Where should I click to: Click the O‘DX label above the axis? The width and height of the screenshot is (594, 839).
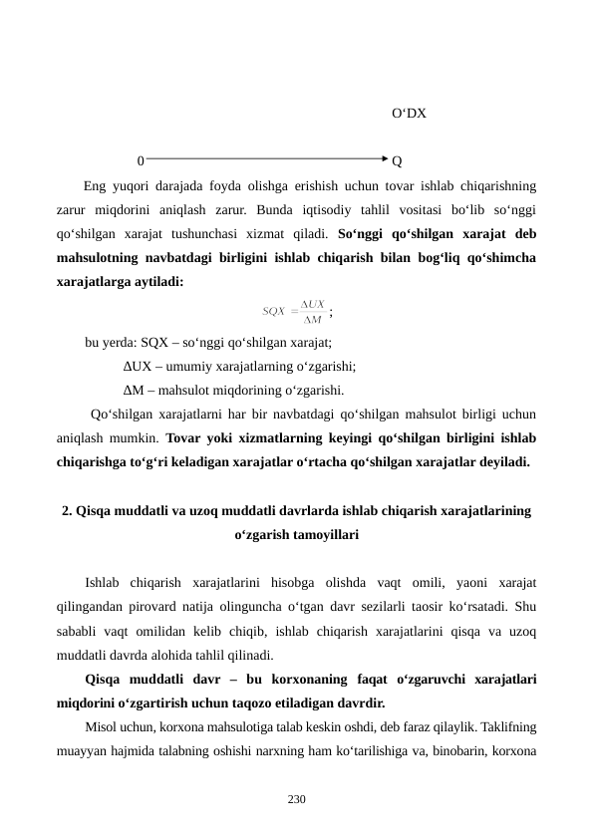pos(409,114)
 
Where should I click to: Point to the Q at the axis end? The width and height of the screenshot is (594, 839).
pos(398,160)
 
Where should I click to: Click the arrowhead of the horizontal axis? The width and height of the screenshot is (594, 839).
pos(385,157)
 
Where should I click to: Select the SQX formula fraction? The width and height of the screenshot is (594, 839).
pos(295,312)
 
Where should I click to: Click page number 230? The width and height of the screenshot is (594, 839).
pos(296,800)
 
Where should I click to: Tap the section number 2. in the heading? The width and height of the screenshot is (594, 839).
pos(67,511)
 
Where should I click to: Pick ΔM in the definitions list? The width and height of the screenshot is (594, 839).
pos(134,390)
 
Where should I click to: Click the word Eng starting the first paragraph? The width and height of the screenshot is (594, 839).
pos(96,185)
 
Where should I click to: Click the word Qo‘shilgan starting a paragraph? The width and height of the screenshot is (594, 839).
pos(122,415)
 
